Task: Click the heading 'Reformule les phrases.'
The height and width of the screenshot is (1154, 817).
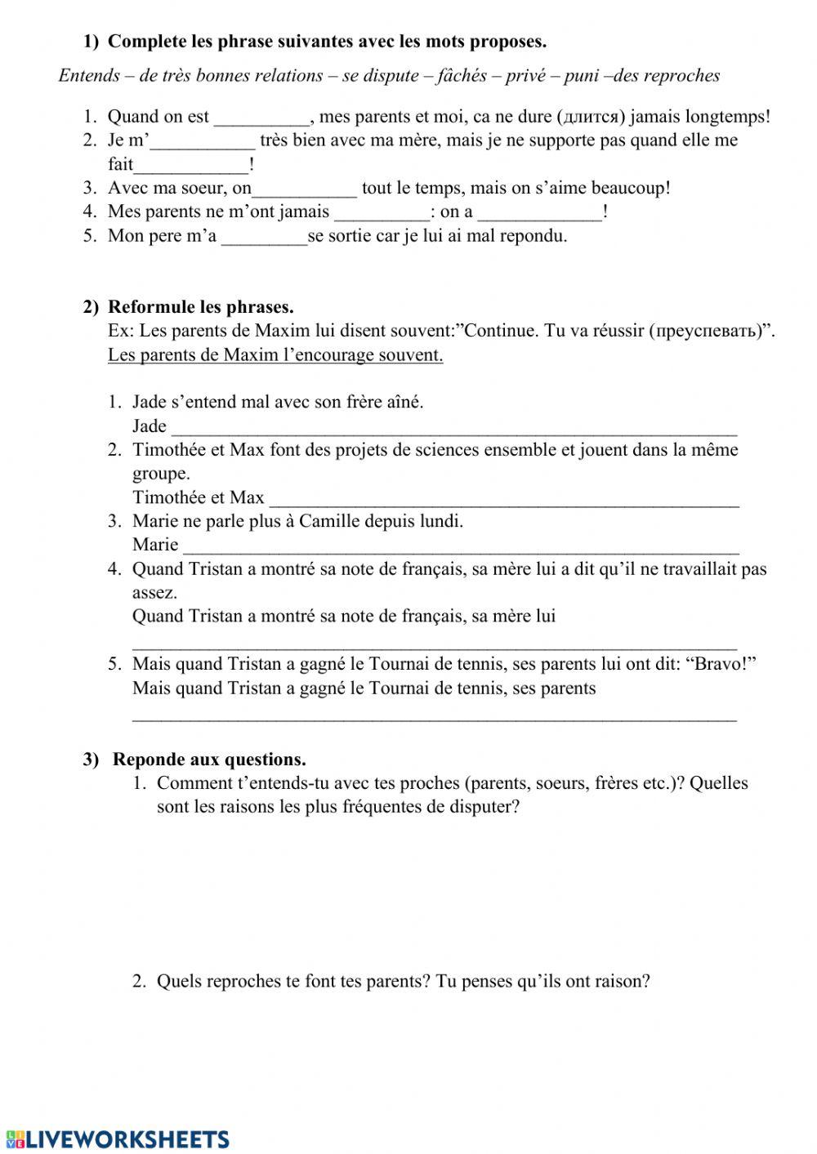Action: click(x=200, y=307)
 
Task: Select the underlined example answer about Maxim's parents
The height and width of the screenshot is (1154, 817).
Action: click(x=275, y=355)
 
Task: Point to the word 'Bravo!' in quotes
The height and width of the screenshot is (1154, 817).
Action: click(x=724, y=664)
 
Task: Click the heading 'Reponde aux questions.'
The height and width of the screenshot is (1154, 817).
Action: click(x=209, y=760)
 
